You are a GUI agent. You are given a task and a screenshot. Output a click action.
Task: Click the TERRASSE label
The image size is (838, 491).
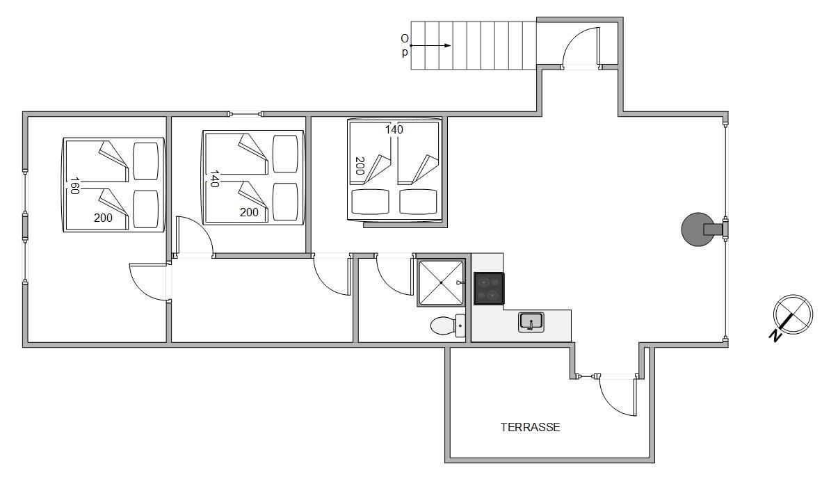click(x=530, y=428)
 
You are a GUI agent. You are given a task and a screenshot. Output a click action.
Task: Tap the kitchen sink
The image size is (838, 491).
click(x=531, y=322)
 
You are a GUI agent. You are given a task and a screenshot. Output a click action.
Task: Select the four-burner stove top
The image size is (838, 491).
click(x=489, y=289)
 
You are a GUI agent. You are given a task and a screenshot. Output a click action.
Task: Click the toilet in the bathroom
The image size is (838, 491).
click(x=448, y=325)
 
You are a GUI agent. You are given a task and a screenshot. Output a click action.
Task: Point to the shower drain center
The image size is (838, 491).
click(x=441, y=283)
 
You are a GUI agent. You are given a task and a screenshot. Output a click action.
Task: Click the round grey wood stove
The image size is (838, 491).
click(x=698, y=230)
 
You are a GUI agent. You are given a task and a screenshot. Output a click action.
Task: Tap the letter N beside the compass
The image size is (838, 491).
click(x=775, y=335)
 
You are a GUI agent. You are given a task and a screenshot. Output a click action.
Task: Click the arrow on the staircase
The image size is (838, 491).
click(x=430, y=46)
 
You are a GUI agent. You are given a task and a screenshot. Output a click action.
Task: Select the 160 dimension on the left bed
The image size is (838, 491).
click(x=74, y=186)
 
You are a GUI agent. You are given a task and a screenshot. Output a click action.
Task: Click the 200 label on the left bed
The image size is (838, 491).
click(x=103, y=218)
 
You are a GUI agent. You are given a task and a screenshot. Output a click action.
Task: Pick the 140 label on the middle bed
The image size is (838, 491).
click(x=214, y=179)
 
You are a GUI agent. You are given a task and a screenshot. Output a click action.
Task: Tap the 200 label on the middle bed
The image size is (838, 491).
click(x=249, y=213)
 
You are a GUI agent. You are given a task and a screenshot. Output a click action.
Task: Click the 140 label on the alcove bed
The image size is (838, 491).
click(x=394, y=129)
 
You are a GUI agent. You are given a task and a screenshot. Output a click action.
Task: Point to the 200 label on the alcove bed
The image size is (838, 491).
click(x=360, y=166)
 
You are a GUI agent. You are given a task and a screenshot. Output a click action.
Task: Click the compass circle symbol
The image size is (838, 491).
click(x=793, y=314)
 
